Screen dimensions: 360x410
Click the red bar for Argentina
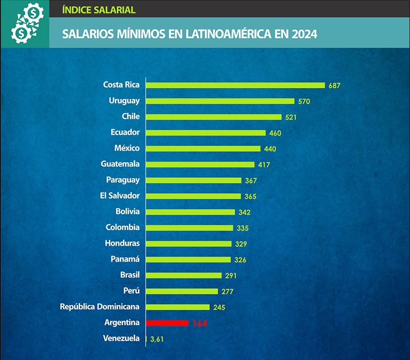[167, 323]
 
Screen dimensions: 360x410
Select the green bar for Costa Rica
[235, 85]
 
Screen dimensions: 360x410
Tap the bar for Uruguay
[220, 101]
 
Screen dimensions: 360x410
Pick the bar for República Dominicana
[178, 307]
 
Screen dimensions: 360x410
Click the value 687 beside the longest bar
[335, 85]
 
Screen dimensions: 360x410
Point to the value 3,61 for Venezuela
[156, 339]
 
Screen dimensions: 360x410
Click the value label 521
[291, 117]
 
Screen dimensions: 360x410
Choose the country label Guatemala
[120, 164]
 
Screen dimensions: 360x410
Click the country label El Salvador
[120, 196]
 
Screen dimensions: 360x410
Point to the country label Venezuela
[121, 338]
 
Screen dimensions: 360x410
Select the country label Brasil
[130, 275]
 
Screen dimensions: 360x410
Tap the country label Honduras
[122, 243]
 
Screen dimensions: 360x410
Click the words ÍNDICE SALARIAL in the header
[98, 9]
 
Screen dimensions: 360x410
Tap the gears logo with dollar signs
[25, 23]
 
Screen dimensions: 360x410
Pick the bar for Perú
[182, 291]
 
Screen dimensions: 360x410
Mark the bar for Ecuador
[206, 133]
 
